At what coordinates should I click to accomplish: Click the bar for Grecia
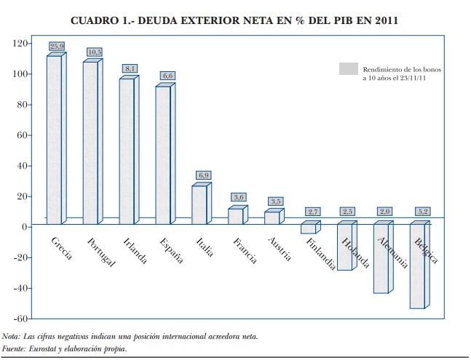(x=53, y=138)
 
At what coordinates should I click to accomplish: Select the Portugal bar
(x=90, y=143)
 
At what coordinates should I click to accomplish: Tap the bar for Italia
(x=199, y=205)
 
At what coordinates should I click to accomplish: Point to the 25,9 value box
(x=58, y=46)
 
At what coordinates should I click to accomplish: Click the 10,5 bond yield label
(x=95, y=52)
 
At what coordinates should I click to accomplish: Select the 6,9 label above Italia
(x=204, y=175)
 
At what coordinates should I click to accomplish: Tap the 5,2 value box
(x=422, y=212)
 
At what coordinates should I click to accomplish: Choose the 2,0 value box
(x=386, y=212)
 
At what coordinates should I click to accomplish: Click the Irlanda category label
(x=135, y=251)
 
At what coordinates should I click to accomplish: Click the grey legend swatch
(x=349, y=68)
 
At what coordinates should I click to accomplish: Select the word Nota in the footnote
(x=11, y=336)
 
